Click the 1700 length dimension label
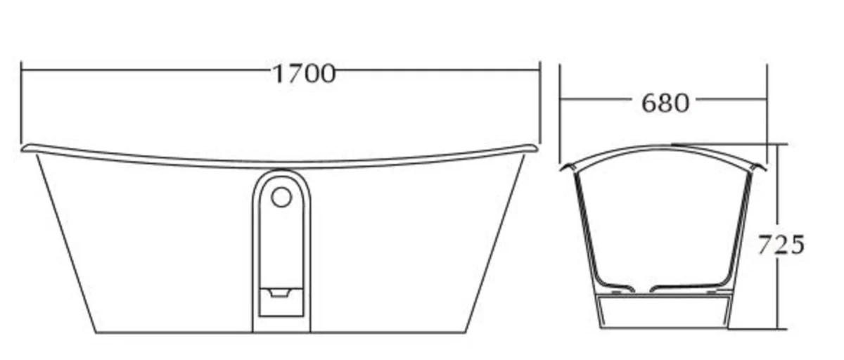click(303, 73)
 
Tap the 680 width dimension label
click(665, 103)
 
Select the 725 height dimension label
click(780, 245)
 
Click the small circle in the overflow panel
click(281, 197)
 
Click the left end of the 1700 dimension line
click(22, 70)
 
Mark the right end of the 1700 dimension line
click(539, 70)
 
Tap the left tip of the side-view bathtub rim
click(24, 148)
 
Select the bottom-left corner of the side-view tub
click(96, 332)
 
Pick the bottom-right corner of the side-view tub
click(466, 332)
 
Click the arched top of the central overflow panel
click(281, 172)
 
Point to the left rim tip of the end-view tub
click(563, 168)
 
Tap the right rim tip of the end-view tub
click(764, 167)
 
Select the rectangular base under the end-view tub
click(663, 311)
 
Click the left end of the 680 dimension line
click(561, 100)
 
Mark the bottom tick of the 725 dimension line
click(779, 328)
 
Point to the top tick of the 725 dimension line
click(779, 144)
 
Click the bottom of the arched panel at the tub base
click(281, 330)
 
